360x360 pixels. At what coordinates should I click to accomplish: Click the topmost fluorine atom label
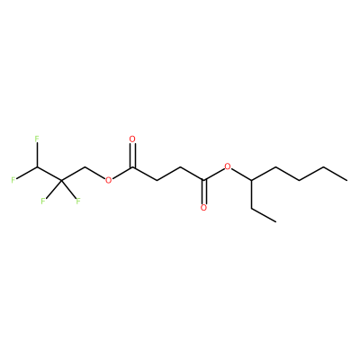click(37, 139)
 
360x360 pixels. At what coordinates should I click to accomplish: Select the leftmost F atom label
click(13, 180)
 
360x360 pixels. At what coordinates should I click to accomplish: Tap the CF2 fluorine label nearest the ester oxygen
click(78, 201)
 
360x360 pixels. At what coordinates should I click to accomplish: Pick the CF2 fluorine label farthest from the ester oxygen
click(43, 201)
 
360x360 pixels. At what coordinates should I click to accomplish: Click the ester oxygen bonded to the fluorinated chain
click(108, 180)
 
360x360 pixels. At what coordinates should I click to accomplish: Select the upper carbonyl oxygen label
click(132, 139)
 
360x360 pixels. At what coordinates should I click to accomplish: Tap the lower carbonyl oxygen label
click(204, 208)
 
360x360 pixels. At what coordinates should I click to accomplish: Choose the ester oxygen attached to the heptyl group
click(228, 166)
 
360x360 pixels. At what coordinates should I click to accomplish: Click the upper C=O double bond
click(133, 156)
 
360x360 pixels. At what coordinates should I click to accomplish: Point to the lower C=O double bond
click(205, 192)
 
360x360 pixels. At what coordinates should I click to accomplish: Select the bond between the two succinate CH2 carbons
click(168, 174)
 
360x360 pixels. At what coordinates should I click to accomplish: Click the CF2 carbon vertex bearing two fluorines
click(61, 181)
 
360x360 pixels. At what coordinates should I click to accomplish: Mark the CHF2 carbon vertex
click(37, 166)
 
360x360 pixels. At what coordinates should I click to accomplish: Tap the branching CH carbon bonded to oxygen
click(252, 180)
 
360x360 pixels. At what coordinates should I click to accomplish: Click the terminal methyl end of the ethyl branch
click(275, 221)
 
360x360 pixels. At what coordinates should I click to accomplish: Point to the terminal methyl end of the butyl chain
click(347, 180)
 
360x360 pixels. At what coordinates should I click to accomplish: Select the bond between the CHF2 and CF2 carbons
click(49, 174)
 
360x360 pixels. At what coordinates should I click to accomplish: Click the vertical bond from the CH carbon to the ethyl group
click(252, 193)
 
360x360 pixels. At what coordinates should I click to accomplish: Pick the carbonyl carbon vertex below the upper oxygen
click(132, 167)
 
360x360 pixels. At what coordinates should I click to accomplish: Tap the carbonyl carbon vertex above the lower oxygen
click(204, 180)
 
